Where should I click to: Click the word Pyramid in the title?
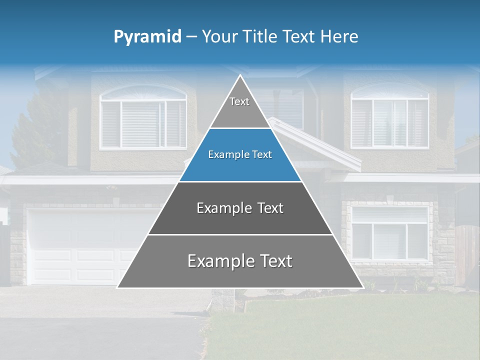147,37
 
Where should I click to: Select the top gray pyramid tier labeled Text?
240,107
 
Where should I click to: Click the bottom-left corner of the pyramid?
118,287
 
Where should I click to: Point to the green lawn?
350,325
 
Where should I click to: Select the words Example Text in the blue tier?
240,155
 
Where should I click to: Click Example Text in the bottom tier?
240,261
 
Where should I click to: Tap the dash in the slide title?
191,37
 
